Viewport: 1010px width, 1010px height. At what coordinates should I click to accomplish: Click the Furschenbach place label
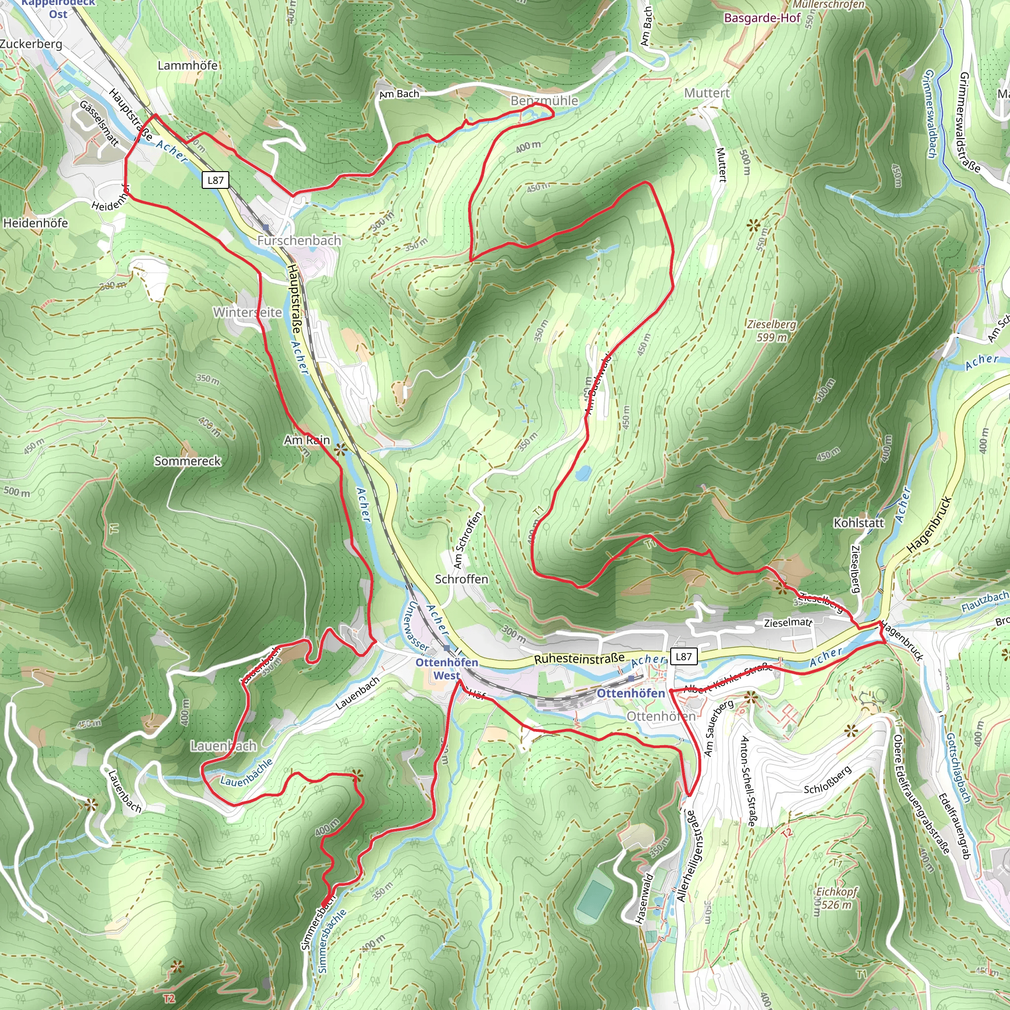pos(299,241)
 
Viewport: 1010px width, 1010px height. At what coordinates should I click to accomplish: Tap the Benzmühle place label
pos(544,101)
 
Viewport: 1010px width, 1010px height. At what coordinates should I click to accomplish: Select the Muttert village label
pos(706,93)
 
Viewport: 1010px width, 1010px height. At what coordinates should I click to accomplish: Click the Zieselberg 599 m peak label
pos(771,330)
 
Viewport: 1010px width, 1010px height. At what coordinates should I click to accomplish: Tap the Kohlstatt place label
pos(859,523)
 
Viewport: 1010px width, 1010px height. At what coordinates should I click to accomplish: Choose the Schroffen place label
pos(462,579)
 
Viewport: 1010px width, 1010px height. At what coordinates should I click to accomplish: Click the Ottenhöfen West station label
pos(446,669)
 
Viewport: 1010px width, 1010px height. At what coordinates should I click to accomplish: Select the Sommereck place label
pos(187,461)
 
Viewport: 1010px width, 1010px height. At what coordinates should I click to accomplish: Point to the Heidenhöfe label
pos(36,223)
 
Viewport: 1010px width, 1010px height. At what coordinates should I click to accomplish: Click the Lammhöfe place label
pos(188,66)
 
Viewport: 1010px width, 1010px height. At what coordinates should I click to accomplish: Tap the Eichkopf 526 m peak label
pos(836,898)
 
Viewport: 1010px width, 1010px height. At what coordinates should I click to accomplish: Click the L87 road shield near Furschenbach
pos(216,180)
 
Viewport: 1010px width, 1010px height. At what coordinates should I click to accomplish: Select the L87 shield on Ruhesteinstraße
pos(683,656)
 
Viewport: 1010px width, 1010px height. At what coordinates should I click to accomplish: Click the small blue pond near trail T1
pos(583,473)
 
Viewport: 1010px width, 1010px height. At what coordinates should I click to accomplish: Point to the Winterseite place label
pos(247,313)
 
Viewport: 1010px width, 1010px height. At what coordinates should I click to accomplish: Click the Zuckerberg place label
pos(31,44)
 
